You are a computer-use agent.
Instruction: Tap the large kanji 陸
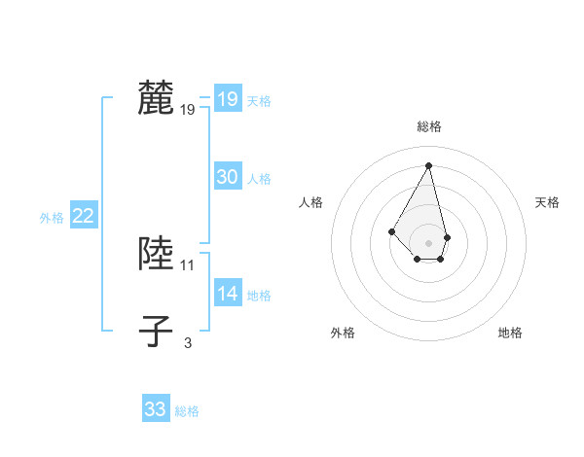[x=157, y=253]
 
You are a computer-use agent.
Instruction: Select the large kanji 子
[x=157, y=331]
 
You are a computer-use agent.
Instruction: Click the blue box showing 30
[x=228, y=177]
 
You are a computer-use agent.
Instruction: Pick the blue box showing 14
[x=228, y=294]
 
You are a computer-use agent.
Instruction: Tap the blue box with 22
[x=83, y=217]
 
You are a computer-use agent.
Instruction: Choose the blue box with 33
[x=156, y=409]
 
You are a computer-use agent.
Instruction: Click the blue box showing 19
[x=228, y=99]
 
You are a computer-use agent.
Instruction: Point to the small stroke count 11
[x=188, y=264]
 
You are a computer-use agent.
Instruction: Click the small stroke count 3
[x=188, y=342]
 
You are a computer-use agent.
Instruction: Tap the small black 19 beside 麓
[x=188, y=110]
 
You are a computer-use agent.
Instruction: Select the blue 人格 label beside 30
[x=259, y=179]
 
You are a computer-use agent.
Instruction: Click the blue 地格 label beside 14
[x=259, y=296]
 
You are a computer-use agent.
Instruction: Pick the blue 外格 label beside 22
[x=52, y=219]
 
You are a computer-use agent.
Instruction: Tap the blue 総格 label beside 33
[x=187, y=411]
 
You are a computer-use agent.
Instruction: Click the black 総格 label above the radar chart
[x=429, y=126]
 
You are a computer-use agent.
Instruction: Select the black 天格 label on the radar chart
[x=547, y=202]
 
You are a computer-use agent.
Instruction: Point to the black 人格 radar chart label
[x=311, y=202]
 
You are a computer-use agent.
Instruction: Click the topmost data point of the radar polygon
[x=429, y=164]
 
